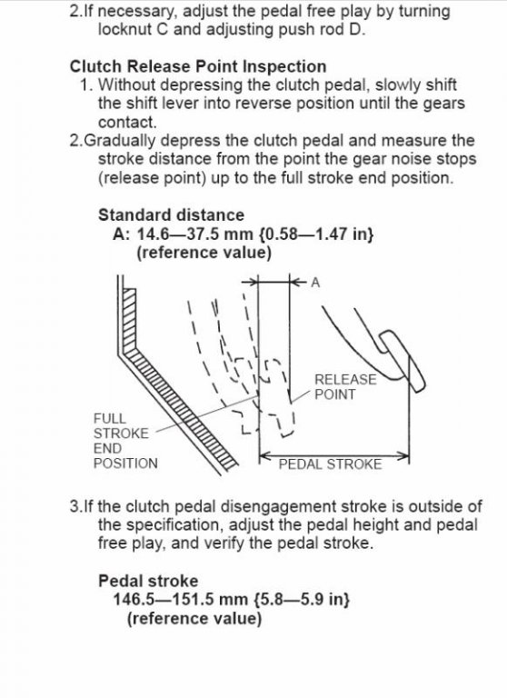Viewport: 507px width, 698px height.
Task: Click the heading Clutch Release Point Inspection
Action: coord(198,66)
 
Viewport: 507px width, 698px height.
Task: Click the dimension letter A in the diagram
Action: coord(315,283)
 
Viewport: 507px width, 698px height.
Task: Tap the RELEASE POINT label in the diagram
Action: coord(345,386)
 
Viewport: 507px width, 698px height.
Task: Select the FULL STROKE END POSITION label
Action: coord(125,441)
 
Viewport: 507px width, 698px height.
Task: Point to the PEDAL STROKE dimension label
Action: coord(330,464)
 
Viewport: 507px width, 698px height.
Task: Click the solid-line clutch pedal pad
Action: coord(402,361)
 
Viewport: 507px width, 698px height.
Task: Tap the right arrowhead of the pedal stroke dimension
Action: coord(404,455)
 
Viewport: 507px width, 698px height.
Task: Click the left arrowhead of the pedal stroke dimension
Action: coord(264,455)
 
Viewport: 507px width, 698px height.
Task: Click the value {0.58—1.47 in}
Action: coord(316,234)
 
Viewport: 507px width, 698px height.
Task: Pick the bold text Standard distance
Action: coord(171,215)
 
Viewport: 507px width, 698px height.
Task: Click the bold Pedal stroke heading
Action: coord(148,581)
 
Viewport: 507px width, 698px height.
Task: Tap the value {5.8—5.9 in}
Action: coord(301,600)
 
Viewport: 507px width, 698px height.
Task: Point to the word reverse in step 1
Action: coord(263,104)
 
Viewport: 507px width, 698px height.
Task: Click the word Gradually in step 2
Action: coord(120,141)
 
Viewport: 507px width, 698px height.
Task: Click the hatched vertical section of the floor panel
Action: coord(129,318)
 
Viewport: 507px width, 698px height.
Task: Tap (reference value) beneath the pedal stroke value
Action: coord(194,618)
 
